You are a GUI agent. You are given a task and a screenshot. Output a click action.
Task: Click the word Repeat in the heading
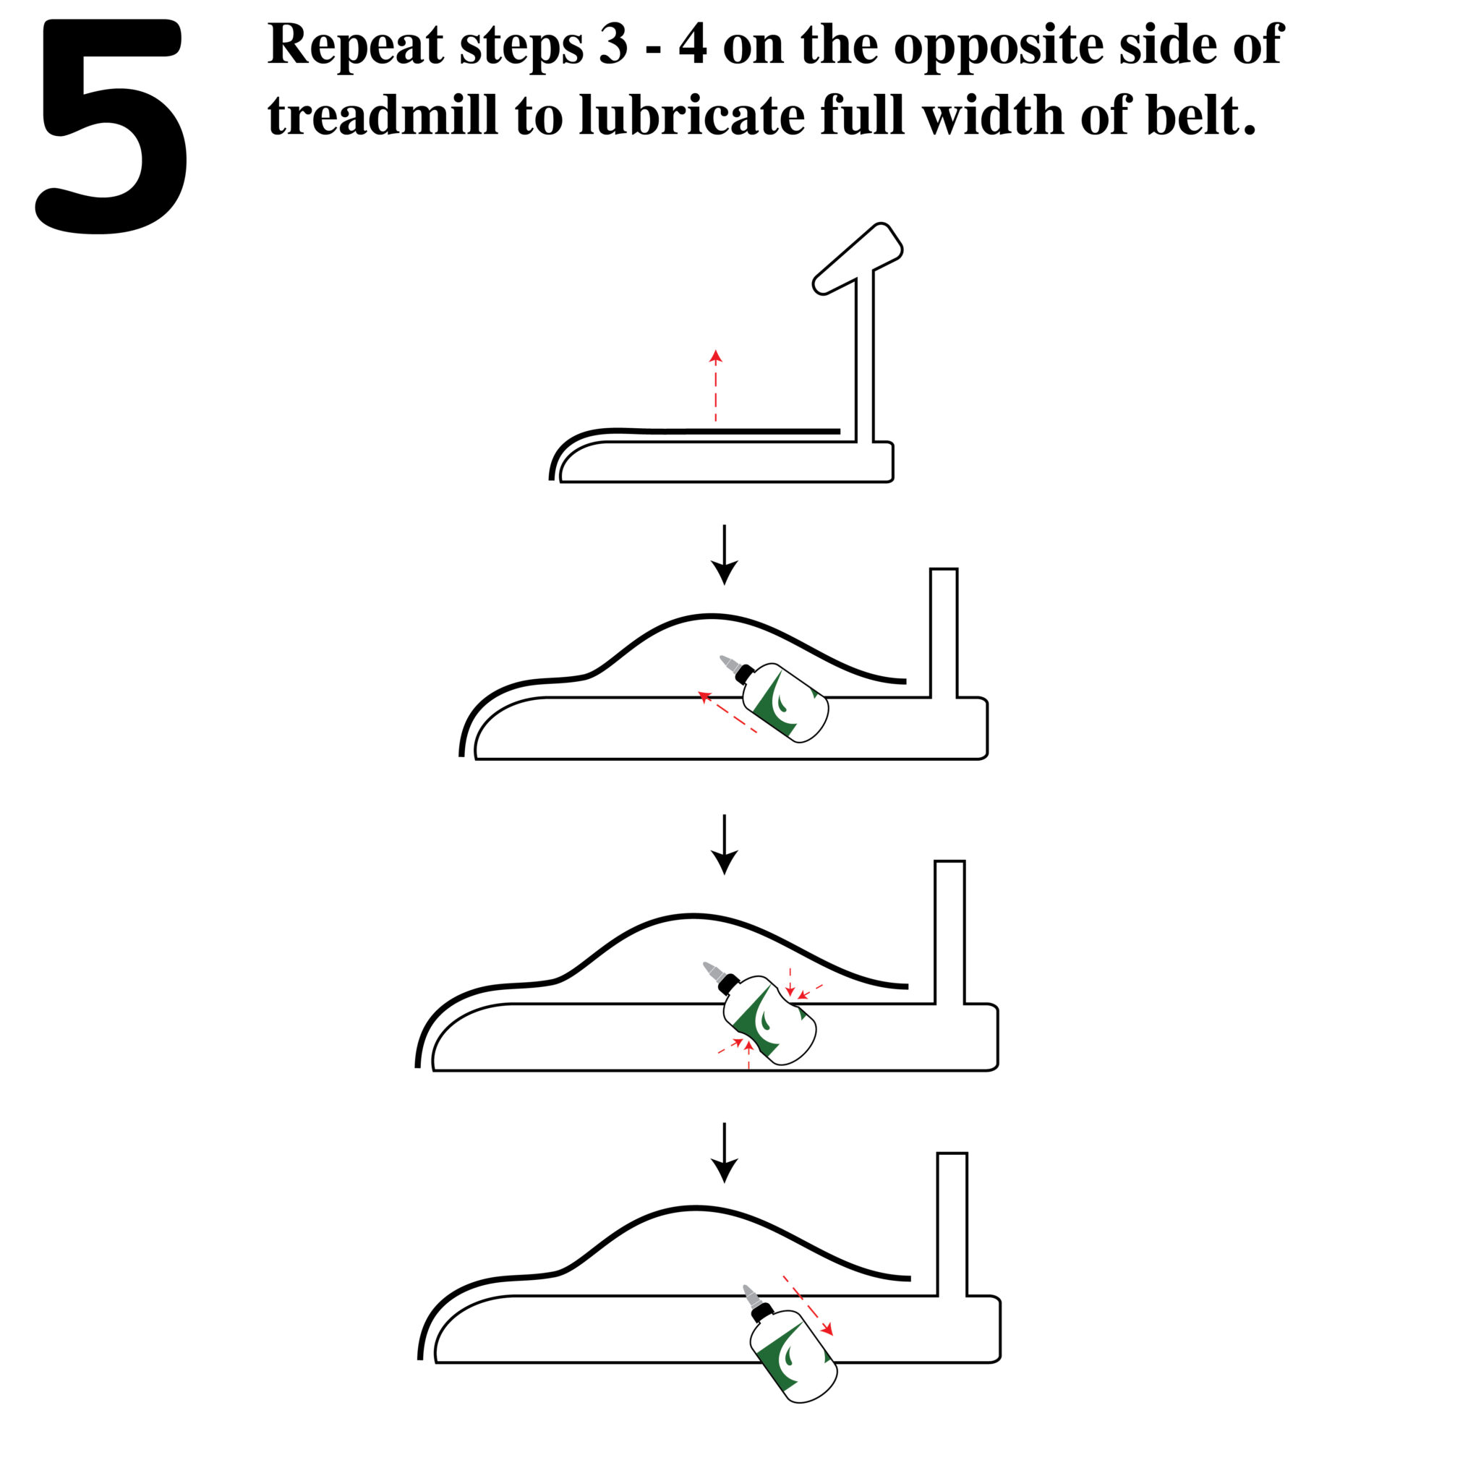pos(355,44)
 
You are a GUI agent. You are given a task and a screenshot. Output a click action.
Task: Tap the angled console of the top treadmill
pos(858,258)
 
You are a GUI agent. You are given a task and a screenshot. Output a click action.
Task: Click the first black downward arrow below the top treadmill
pos(725,553)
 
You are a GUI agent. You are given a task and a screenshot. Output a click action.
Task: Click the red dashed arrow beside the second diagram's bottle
pos(727,712)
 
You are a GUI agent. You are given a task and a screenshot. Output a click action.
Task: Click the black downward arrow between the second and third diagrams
pos(725,844)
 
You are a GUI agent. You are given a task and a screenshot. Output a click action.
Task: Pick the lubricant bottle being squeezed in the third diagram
pos(768,1020)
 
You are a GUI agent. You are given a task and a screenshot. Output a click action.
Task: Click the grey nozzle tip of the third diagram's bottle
pos(712,970)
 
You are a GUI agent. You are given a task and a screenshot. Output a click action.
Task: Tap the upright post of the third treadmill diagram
pos(949,931)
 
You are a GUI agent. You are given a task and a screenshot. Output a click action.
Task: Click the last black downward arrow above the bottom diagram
pos(725,1152)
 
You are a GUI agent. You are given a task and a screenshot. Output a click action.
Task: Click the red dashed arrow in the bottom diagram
pos(808,1305)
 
